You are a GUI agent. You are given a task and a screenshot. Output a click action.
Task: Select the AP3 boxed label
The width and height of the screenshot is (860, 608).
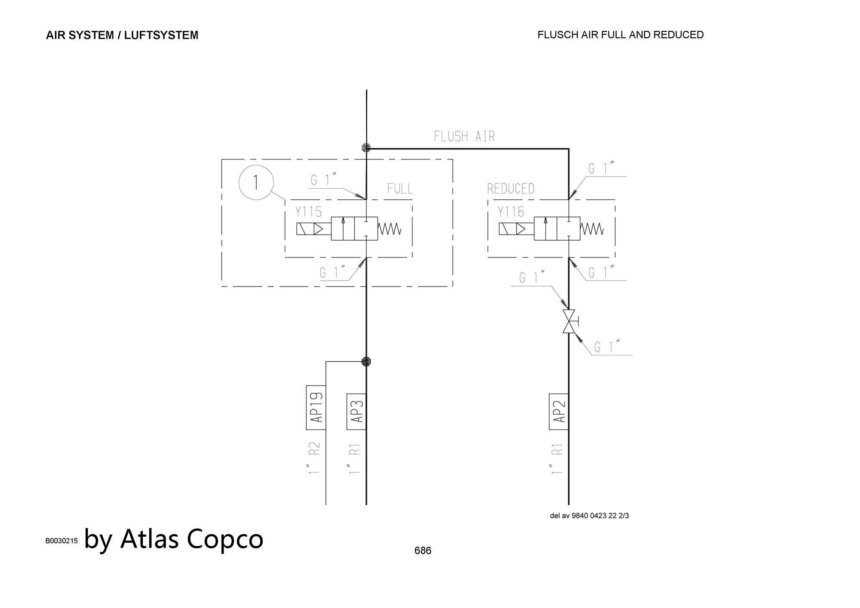click(356, 411)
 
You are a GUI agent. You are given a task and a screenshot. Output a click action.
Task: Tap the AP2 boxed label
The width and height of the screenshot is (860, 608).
click(559, 411)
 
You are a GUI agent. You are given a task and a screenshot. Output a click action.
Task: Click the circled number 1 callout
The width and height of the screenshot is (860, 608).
click(256, 183)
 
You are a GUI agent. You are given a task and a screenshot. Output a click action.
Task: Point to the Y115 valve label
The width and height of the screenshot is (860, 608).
click(308, 212)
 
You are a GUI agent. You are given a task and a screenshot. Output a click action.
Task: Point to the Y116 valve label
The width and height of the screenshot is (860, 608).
click(511, 212)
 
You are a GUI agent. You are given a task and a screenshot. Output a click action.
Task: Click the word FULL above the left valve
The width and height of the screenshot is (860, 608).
click(400, 189)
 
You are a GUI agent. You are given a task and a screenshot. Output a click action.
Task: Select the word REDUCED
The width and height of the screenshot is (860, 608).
click(511, 189)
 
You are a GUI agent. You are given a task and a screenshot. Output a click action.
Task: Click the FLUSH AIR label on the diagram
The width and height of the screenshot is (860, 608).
click(464, 137)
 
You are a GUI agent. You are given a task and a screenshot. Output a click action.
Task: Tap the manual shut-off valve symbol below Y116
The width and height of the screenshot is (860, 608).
click(569, 321)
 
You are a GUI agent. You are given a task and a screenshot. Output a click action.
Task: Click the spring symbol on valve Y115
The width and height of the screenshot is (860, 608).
click(390, 229)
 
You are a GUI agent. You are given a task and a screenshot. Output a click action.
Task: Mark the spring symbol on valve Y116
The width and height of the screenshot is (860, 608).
click(592, 229)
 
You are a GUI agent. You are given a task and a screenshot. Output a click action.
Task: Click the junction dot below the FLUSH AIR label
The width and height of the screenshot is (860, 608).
click(366, 148)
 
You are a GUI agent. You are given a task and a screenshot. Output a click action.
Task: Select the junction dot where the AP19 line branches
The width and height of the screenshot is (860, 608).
click(366, 361)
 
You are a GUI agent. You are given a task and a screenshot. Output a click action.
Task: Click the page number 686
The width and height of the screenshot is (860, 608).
click(423, 550)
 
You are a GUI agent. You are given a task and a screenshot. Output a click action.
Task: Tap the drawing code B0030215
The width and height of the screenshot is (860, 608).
click(61, 541)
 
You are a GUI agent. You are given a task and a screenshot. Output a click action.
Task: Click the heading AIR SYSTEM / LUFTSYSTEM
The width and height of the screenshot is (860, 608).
click(122, 35)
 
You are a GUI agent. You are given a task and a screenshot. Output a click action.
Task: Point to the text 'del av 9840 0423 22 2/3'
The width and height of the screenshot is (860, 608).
click(589, 516)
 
